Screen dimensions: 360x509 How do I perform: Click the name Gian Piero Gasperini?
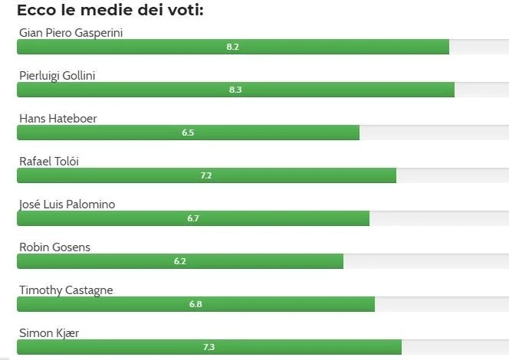click(71, 32)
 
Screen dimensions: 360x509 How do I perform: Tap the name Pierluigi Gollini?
click(67, 75)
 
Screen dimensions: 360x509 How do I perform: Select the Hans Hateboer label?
click(57, 118)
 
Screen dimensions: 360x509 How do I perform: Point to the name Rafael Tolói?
click(49, 161)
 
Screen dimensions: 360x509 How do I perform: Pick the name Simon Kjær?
click(49, 332)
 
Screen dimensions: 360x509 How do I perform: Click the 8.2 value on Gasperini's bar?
click(233, 47)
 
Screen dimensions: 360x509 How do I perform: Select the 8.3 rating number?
click(235, 90)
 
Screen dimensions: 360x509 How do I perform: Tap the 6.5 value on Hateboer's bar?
click(188, 133)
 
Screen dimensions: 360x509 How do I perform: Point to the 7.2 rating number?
click(206, 175)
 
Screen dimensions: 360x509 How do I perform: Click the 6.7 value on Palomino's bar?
click(193, 218)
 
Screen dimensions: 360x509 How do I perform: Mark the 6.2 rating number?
click(180, 261)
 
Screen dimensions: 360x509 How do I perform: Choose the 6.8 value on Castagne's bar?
click(195, 304)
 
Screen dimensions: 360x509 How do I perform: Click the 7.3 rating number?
click(209, 347)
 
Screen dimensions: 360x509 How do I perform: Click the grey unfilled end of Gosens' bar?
click(425, 261)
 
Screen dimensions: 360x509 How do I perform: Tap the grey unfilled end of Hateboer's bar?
click(433, 133)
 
